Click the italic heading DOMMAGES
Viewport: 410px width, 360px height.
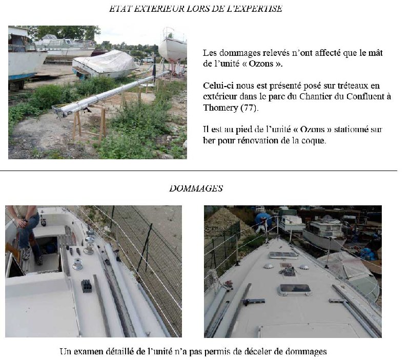click(196, 188)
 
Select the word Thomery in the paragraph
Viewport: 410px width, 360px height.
click(220, 108)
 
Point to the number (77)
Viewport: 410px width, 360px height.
click(250, 108)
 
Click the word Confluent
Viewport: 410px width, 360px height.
click(368, 96)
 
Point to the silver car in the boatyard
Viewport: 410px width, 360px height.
click(148, 60)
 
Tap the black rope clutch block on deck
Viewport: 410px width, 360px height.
click(86, 286)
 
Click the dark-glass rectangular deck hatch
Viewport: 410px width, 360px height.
click(294, 289)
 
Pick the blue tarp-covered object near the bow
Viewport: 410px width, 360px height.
click(263, 219)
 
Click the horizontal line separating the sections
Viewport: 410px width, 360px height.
click(199, 171)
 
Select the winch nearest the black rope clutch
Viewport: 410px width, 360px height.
click(78, 264)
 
